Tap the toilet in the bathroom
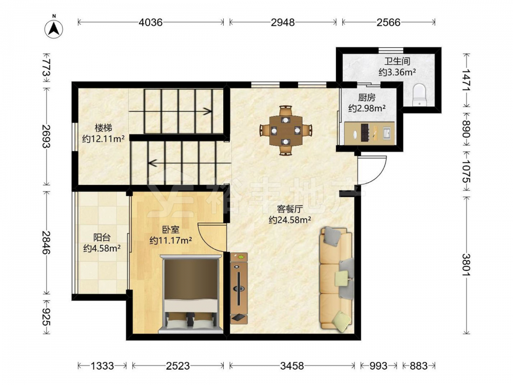pyautogui.click(x=419, y=95)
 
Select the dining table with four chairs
pyautogui.click(x=286, y=130)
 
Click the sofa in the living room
pyautogui.click(x=337, y=278)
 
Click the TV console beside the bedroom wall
pyautogui.click(x=239, y=288)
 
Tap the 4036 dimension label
pyautogui.click(x=150, y=22)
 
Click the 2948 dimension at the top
pyautogui.click(x=283, y=22)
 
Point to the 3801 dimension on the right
pyautogui.click(x=466, y=265)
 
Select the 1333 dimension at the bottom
pyautogui.click(x=102, y=365)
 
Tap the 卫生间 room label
pyautogui.click(x=397, y=61)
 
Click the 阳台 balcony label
pyautogui.click(x=102, y=237)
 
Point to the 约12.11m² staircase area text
pyautogui.click(x=103, y=139)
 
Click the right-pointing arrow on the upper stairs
pyautogui.click(x=170, y=111)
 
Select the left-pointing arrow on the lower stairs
pyautogui.click(x=189, y=163)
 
